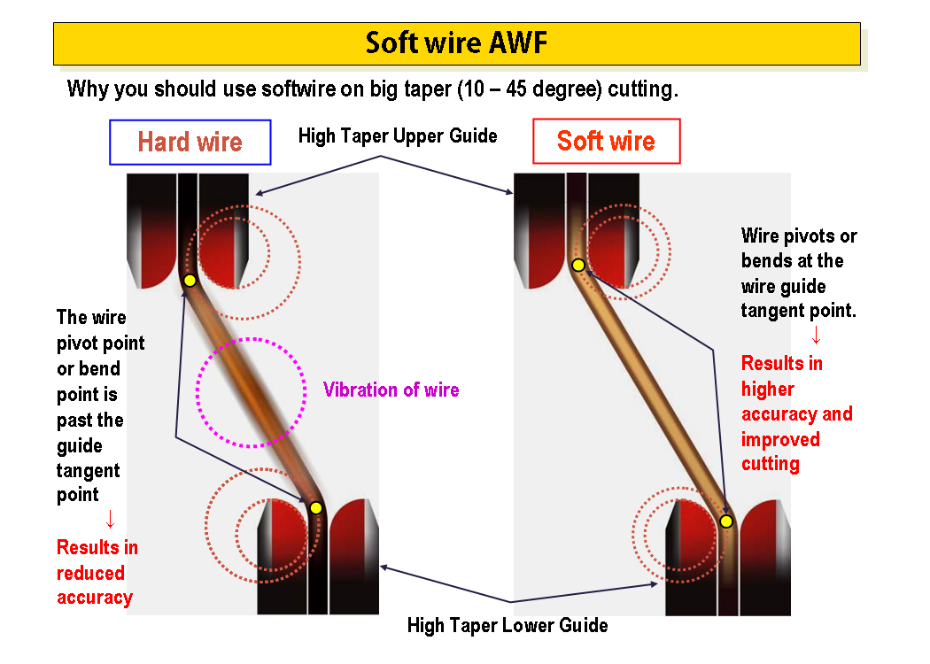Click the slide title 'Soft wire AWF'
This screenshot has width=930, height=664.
[x=456, y=43]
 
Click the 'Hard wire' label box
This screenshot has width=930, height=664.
[x=190, y=143]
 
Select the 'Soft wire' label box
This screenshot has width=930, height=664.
[x=606, y=142]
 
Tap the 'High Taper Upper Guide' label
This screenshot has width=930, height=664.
[x=398, y=135]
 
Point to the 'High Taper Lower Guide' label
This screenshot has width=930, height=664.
[x=508, y=625]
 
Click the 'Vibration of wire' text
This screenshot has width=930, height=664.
[x=391, y=390]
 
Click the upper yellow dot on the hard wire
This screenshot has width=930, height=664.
[x=190, y=281]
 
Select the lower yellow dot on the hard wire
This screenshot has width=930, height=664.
[x=316, y=507]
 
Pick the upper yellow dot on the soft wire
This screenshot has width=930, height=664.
[x=577, y=265]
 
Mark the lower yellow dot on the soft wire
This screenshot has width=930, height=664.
[x=726, y=521]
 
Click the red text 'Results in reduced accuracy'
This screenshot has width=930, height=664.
[x=97, y=572]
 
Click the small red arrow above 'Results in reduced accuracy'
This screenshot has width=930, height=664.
[x=110, y=520]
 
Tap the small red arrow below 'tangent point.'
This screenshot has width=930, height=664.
[x=816, y=336]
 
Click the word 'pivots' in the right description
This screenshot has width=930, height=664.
[x=810, y=236]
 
